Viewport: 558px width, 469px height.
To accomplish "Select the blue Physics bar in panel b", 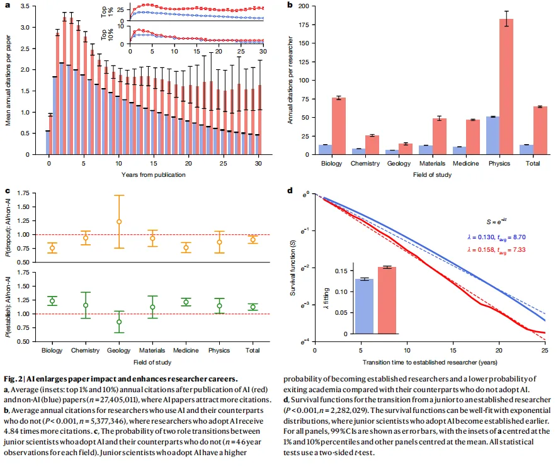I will pyautogui.click(x=493, y=135).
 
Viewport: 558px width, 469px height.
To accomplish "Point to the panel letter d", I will pyautogui.click(x=290, y=190).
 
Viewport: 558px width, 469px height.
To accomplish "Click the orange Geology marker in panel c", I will pyautogui.click(x=119, y=222).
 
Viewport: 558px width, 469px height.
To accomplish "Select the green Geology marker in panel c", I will pyautogui.click(x=119, y=322).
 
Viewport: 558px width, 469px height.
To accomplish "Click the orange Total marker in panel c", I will pyautogui.click(x=253, y=239).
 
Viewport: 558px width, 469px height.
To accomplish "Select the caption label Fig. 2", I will pyautogui.click(x=16, y=379).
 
